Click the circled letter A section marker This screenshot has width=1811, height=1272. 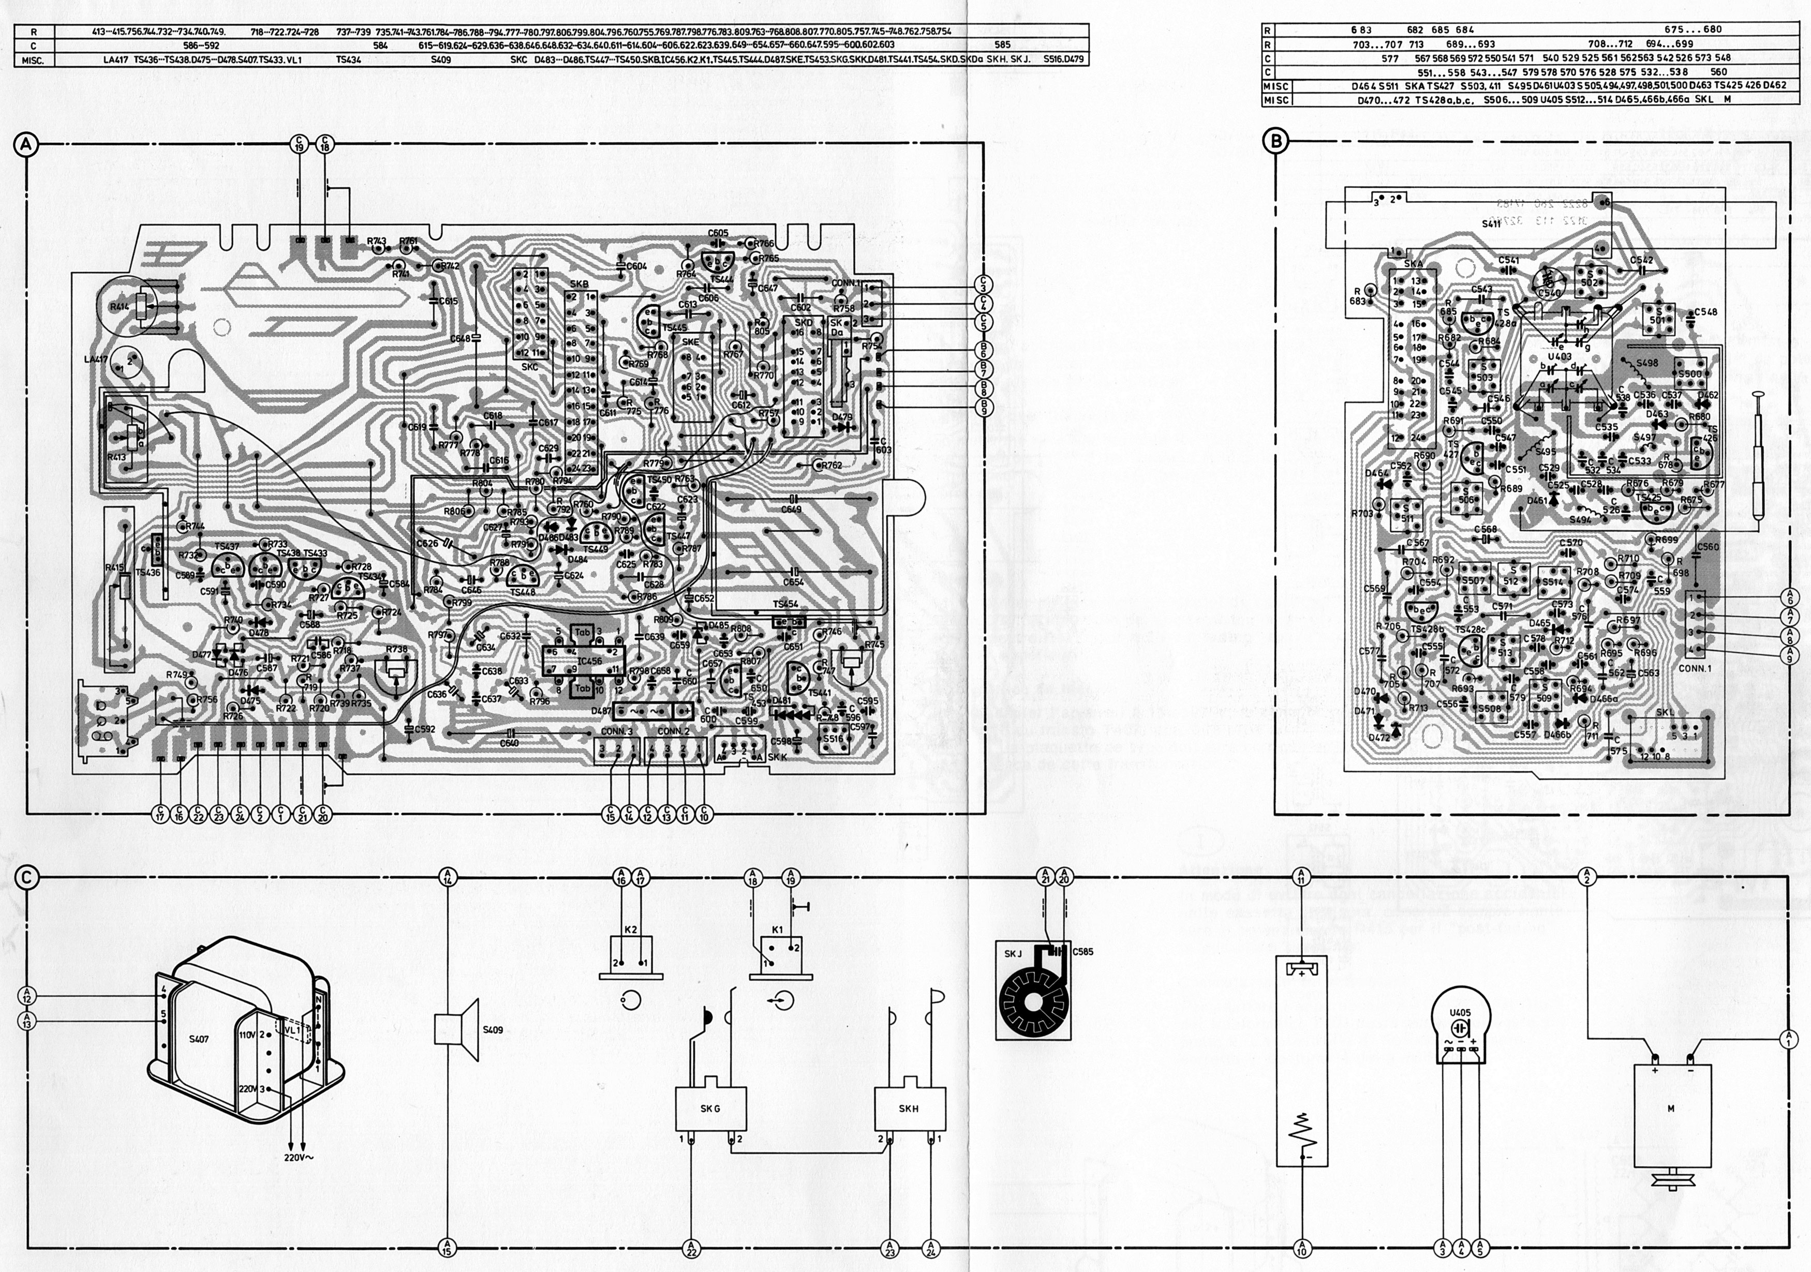[26, 144]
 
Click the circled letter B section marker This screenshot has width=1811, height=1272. [1275, 141]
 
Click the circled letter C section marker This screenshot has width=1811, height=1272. [26, 877]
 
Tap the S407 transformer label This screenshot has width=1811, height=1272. [199, 1039]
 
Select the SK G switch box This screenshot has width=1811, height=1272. [710, 1108]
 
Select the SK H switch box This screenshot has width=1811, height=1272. [909, 1108]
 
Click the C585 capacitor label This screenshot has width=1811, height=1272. [1083, 952]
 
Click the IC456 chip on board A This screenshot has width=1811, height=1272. [589, 661]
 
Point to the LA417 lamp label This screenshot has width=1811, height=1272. [95, 360]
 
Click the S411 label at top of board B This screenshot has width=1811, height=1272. [1491, 224]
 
